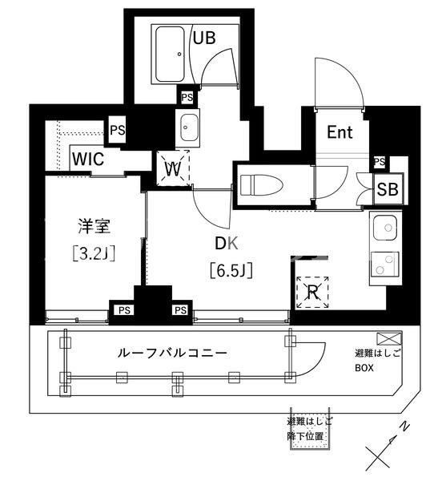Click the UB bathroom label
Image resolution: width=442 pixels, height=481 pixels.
(x=204, y=38)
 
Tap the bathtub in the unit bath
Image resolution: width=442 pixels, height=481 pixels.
(x=170, y=55)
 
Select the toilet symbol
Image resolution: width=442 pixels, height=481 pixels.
(x=261, y=185)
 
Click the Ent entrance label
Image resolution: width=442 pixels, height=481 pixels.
(x=340, y=132)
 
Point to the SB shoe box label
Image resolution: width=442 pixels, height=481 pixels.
(x=388, y=189)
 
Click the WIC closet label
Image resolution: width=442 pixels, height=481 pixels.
(x=88, y=159)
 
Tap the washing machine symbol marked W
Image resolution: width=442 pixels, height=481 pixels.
(x=173, y=168)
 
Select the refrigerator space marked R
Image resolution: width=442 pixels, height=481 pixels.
(x=312, y=292)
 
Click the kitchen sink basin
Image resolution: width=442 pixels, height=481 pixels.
(x=385, y=228)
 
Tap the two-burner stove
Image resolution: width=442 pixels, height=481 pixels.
(x=385, y=265)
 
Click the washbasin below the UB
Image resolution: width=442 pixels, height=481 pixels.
(x=187, y=127)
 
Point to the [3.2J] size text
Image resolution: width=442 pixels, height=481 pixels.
(x=94, y=253)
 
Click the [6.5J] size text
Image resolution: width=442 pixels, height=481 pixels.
(x=231, y=270)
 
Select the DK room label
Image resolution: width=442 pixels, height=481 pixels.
(x=227, y=243)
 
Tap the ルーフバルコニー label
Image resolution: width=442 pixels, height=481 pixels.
(x=172, y=354)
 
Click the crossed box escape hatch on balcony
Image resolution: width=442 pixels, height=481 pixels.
(x=389, y=339)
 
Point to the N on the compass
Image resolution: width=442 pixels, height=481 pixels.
(x=405, y=426)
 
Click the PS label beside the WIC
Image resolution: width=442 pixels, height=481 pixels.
(x=118, y=130)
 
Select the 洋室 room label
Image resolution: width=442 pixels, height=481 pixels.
(x=94, y=226)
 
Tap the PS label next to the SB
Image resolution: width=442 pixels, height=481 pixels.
(x=380, y=161)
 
